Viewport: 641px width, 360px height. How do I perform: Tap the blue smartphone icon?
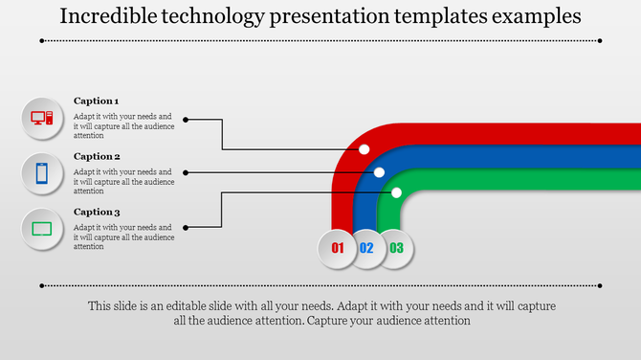point(42,173)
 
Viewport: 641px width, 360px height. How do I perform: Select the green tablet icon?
point(42,229)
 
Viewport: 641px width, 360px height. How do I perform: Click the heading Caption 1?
point(96,101)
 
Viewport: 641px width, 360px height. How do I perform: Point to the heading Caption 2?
point(97,156)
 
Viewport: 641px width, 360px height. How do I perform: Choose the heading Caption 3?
point(97,212)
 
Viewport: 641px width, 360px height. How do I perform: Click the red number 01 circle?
point(337,248)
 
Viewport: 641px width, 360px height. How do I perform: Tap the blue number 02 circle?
point(366,248)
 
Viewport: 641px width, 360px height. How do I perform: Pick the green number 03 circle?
point(397,248)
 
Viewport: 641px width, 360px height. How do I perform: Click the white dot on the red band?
point(365,149)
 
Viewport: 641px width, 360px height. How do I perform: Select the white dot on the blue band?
point(380,172)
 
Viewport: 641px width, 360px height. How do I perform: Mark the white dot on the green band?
point(396,192)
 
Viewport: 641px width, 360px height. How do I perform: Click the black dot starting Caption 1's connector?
point(186,120)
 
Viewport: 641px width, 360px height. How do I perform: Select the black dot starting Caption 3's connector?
point(186,227)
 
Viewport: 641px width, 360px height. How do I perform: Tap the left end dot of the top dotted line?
point(42,41)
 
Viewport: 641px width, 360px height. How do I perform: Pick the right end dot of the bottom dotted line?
point(600,285)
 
